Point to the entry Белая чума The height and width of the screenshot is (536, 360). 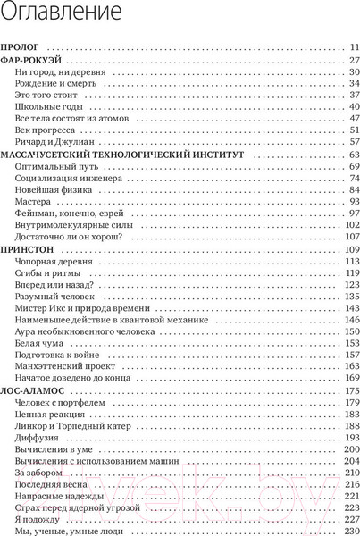pos(40,343)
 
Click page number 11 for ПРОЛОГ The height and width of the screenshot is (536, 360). pos(352,46)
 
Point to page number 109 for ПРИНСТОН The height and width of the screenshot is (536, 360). pos(350,251)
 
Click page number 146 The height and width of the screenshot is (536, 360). pos(350,319)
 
